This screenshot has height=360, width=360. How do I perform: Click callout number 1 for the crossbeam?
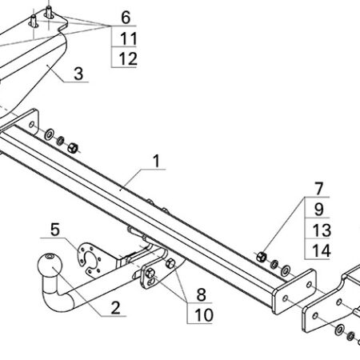[x=157, y=161]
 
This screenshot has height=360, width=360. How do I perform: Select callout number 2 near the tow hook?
[x=115, y=308]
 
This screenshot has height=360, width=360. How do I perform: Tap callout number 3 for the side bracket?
[x=78, y=74]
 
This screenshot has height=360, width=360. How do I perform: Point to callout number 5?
[x=55, y=230]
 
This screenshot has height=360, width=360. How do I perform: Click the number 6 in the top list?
[x=126, y=18]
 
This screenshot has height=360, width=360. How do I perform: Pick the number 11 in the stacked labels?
[x=129, y=38]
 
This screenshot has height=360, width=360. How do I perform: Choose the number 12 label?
[x=128, y=59]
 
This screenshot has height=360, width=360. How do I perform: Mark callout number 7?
[x=319, y=189]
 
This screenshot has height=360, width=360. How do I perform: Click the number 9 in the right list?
[x=319, y=210]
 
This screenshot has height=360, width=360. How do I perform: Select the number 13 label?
[x=322, y=230]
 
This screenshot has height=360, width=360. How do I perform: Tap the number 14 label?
[x=322, y=251]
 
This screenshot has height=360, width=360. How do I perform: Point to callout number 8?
[x=201, y=294]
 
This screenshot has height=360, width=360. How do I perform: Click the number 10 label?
[x=204, y=315]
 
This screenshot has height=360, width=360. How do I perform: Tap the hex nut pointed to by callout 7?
[x=262, y=257]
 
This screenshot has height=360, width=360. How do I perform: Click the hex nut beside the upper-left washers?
[x=73, y=148]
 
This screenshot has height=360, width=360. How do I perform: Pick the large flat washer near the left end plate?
[x=49, y=134]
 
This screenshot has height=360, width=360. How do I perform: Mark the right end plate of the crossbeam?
[x=294, y=291]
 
